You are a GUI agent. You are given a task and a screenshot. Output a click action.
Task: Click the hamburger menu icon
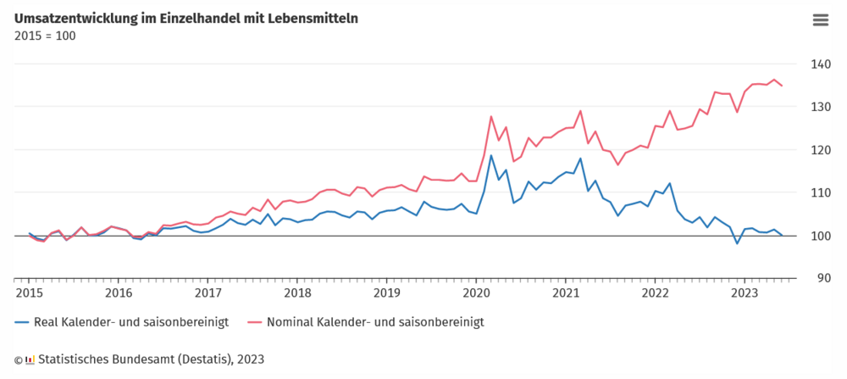coord(820,20)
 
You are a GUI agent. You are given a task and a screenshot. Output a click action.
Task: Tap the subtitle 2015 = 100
coord(45,36)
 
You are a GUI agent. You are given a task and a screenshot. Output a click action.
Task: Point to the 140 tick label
coord(821,64)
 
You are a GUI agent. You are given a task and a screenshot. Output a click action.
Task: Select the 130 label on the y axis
coord(821,107)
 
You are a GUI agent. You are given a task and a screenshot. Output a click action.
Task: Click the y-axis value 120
coord(821,150)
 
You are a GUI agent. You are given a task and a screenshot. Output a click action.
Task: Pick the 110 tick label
coord(821,193)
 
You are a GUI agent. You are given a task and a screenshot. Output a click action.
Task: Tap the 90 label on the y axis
coord(824,278)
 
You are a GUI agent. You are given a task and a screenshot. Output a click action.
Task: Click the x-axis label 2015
coord(29,293)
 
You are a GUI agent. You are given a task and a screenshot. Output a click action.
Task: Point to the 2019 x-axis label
coord(386,293)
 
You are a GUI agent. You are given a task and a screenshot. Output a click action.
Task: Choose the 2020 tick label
coord(476,293)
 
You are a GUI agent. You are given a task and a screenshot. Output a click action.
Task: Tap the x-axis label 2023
coord(745,293)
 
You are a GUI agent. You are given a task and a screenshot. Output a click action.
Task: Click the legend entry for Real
coord(121,322)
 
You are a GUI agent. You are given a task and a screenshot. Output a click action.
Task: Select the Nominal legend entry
coord(368,322)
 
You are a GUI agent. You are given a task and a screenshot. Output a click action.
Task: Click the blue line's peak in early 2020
coord(491,155)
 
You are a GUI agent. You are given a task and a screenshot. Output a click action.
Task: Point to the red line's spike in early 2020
coord(491,116)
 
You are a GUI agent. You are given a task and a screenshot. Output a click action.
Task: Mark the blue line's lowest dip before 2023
coord(736,244)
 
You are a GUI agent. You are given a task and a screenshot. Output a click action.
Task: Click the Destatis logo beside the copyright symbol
coord(30,359)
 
